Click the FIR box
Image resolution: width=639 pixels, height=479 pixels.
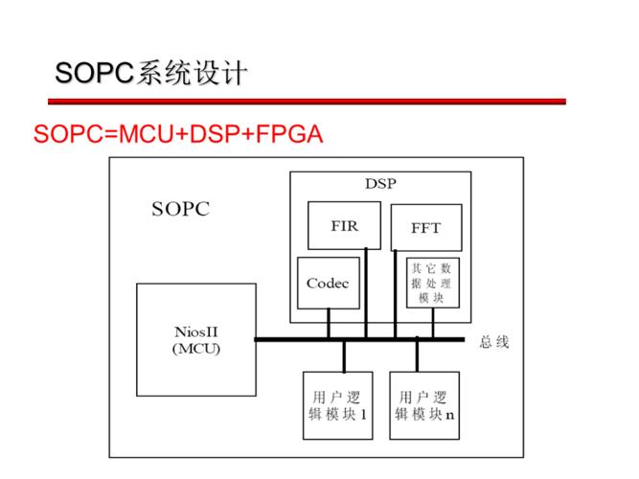click(344, 226)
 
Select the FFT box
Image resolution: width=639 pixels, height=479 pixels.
click(425, 228)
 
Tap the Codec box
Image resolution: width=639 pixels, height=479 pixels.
click(328, 283)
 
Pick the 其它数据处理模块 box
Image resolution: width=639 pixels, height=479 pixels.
click(432, 283)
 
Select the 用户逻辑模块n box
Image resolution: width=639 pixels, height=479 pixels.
click(424, 405)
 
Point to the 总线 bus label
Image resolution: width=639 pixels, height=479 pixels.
click(494, 341)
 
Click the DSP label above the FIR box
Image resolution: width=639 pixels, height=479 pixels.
click(380, 183)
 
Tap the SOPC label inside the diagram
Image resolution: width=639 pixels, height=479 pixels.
click(180, 209)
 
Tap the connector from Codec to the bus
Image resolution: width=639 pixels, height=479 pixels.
click(328, 324)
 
